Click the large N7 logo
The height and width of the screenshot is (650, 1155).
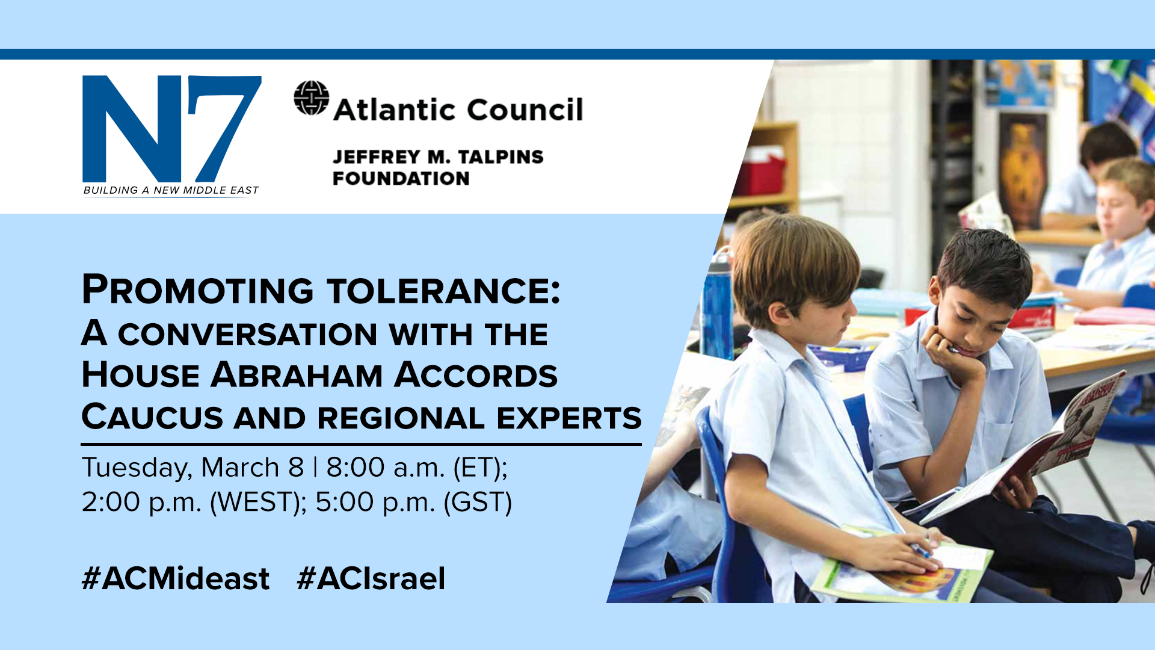(172, 129)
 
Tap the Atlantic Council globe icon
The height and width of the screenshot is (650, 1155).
(312, 98)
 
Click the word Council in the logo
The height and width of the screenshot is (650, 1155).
(525, 110)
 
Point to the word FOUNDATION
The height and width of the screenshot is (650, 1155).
(401, 179)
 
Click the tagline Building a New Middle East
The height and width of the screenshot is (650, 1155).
(171, 190)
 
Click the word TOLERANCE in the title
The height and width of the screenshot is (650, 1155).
(444, 290)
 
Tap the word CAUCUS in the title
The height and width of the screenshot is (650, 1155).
(152, 417)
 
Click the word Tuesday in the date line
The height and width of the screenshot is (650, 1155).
(137, 468)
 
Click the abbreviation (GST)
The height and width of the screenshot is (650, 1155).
(478, 503)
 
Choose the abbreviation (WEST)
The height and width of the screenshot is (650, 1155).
(258, 503)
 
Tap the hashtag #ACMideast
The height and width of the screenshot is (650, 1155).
(176, 579)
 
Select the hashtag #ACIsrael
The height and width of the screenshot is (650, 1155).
(371, 579)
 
